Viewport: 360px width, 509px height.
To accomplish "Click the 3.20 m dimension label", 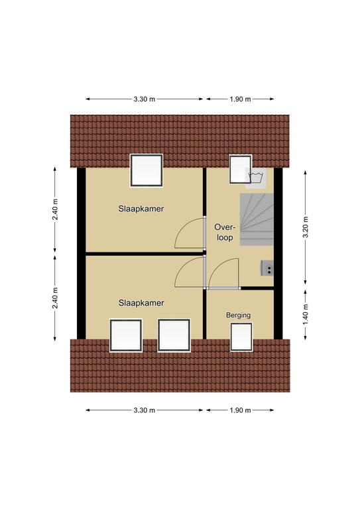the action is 306,227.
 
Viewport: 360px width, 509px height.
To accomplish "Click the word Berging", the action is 238,315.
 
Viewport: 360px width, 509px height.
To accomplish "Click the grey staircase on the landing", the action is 257,219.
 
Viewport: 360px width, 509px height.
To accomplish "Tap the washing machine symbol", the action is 255,178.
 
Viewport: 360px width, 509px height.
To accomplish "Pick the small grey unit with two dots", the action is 267,268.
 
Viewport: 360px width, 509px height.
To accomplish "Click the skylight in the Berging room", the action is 241,337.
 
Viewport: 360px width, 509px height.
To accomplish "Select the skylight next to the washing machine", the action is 240,170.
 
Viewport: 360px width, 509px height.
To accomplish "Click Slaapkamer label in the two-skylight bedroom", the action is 141,303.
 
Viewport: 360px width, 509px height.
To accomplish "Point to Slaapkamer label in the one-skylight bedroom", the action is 141,209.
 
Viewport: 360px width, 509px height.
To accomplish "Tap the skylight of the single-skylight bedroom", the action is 147,170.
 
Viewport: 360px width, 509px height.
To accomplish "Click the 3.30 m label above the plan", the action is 144,99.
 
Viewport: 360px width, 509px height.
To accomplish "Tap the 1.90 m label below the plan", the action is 240,410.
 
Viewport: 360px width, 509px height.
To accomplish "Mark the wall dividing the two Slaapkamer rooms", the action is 145,254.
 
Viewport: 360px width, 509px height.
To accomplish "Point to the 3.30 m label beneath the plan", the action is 144,410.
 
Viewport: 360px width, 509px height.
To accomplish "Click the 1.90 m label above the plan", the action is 240,99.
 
